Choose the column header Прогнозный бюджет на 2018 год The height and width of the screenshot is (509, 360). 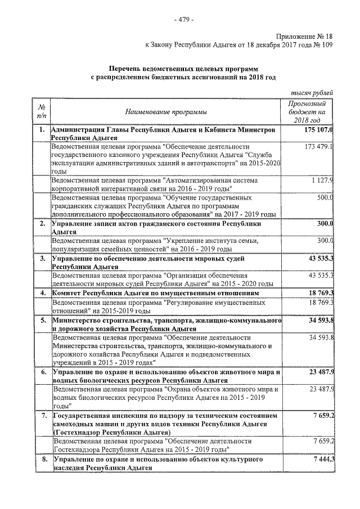tap(307, 112)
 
